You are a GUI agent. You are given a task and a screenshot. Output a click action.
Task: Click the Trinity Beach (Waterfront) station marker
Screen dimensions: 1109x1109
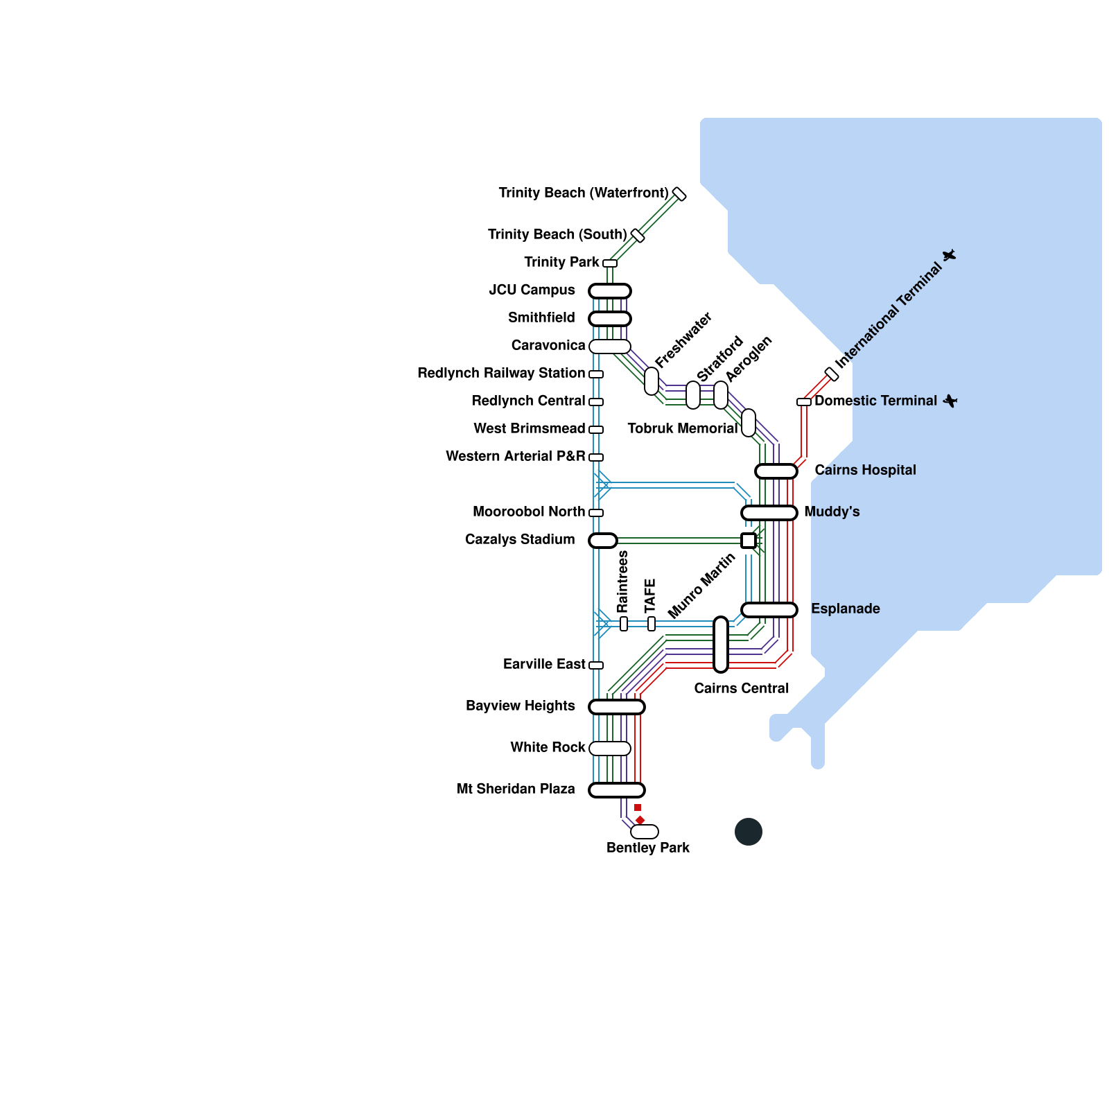tap(679, 194)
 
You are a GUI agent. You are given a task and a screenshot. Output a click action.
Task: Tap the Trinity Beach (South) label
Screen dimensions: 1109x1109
tap(557, 234)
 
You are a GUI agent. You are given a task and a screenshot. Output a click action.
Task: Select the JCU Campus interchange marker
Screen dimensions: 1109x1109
tap(610, 291)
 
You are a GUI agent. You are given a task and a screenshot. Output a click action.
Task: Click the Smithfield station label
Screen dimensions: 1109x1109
tap(541, 317)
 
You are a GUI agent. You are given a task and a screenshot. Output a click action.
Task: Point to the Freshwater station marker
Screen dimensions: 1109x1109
tap(652, 381)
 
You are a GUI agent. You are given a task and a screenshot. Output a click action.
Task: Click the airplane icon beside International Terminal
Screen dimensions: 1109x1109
tap(949, 255)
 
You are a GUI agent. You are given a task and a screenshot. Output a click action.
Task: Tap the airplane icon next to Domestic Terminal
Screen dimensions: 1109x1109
tap(950, 401)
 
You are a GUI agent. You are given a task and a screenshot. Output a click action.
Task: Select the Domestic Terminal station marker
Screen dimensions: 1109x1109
tap(804, 402)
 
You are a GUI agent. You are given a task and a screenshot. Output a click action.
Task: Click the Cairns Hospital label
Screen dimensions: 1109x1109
tap(865, 470)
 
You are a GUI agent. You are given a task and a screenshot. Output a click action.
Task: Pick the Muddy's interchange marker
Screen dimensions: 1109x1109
tap(769, 513)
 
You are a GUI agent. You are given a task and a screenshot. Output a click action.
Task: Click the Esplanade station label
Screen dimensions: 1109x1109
tap(846, 609)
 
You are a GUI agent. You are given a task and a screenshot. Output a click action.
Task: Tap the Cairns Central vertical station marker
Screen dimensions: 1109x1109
tap(721, 645)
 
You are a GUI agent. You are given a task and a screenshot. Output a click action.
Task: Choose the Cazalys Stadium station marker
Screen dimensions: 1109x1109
tap(603, 541)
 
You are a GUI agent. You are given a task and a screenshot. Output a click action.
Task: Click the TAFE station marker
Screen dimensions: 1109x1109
tap(652, 624)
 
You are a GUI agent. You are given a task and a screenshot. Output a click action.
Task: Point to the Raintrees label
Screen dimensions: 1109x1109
tap(622, 581)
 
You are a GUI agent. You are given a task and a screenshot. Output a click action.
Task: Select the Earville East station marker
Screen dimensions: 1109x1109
tap(596, 665)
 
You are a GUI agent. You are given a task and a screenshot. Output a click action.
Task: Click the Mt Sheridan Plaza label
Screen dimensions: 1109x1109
tap(516, 789)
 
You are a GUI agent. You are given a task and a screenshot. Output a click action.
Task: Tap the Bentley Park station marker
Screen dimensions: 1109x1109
tap(645, 832)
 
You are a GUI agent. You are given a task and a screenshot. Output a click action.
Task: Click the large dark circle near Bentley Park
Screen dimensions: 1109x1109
tap(749, 832)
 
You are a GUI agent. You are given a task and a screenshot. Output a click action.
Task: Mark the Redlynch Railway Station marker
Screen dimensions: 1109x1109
tap(596, 374)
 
